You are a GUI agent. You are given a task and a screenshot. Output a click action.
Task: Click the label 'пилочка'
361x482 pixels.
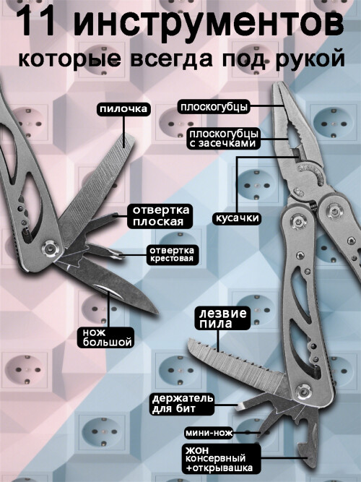123,109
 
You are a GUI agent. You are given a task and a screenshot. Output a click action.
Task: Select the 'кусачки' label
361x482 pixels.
237,218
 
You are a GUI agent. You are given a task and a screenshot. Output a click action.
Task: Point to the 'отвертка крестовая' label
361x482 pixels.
172,254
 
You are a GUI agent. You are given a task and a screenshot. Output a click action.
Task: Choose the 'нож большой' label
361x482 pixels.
108,337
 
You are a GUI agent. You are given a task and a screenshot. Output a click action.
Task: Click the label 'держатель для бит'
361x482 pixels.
183,404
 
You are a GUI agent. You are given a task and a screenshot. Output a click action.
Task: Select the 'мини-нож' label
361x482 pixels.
209,433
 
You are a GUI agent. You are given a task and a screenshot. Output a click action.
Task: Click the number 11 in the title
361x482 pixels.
38,22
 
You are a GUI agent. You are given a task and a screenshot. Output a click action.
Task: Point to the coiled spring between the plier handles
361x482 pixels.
313,205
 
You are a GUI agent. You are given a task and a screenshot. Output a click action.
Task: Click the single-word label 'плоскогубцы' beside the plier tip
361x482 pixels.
214,107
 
